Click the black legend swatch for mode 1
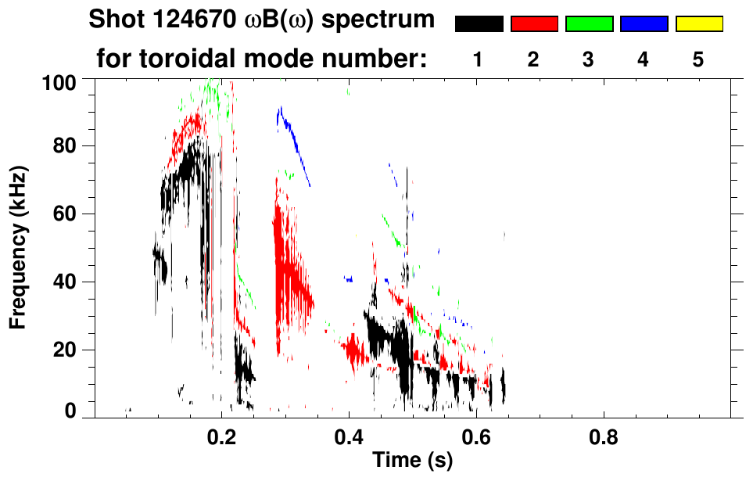tap(479, 24)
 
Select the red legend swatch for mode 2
tap(534, 24)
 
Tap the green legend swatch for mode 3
tap(589, 24)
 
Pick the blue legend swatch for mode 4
tap(644, 24)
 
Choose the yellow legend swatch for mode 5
tap(699, 24)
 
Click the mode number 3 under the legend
tap(589, 59)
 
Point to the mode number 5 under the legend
tap(699, 59)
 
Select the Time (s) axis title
tap(412, 461)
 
